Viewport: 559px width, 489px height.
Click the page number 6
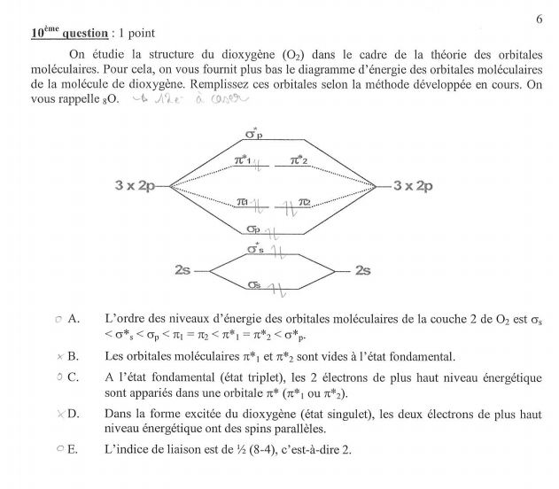click(x=539, y=19)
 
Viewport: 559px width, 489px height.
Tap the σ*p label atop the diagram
click(x=253, y=135)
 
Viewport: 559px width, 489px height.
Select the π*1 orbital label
click(x=242, y=160)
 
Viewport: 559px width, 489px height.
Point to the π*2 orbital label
click(x=302, y=160)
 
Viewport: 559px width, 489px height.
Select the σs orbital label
click(x=254, y=284)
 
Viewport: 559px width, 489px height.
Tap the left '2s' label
click(x=183, y=269)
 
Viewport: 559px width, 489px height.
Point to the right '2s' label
click(x=362, y=269)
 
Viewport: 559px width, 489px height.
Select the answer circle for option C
click(x=58, y=377)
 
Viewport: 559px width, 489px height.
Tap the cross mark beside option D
click(x=58, y=413)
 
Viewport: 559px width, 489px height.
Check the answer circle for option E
click(x=58, y=448)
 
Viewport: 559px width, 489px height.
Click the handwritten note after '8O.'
click(x=172, y=99)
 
